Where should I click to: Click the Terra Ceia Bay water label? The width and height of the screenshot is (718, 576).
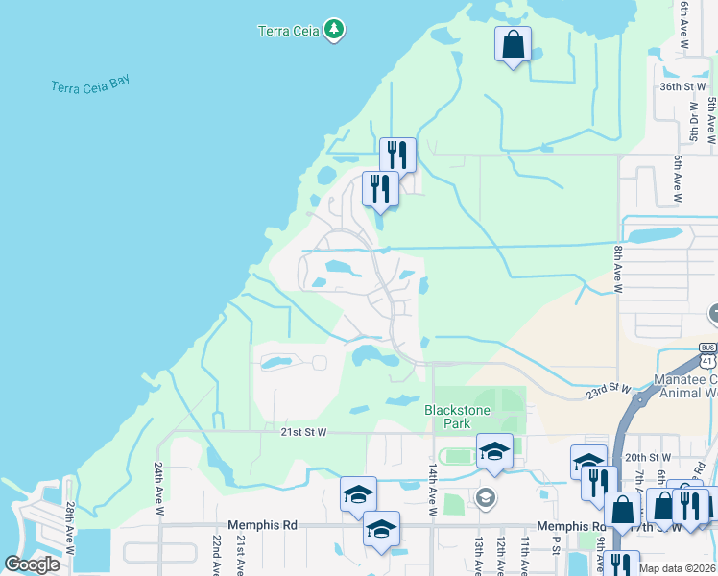tap(90, 85)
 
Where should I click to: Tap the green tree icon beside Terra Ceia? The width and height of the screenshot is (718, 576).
tap(334, 30)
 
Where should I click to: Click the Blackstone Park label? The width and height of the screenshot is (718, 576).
tap(458, 417)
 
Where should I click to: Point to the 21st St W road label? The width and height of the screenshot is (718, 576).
tap(304, 433)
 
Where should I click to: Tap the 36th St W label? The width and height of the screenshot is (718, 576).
tap(682, 86)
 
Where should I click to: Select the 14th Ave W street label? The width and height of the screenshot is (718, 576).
tap(432, 491)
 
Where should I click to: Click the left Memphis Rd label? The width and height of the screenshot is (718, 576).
tap(258, 525)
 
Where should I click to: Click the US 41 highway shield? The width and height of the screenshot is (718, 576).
tap(707, 355)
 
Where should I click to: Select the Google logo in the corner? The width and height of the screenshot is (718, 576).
tap(33, 564)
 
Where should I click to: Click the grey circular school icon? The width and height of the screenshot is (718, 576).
tap(485, 496)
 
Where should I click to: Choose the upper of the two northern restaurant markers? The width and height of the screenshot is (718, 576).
tap(397, 155)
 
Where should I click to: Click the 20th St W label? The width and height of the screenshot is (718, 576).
tap(647, 458)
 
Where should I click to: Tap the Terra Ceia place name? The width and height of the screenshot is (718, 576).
tap(287, 31)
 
